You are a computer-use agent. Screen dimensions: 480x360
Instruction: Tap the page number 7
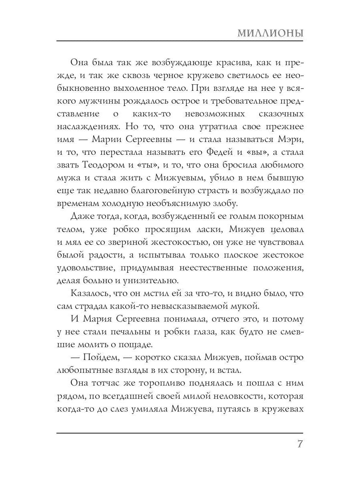click(299, 445)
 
